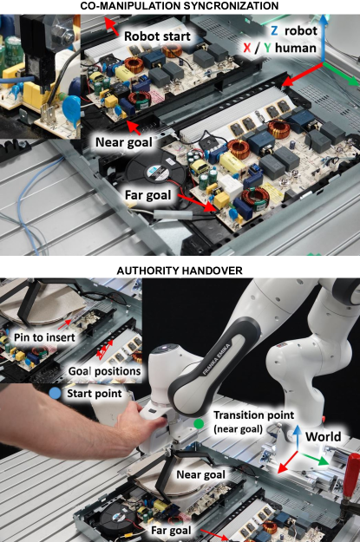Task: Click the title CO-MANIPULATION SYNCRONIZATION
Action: [x=180, y=6]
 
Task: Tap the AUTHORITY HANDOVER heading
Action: [x=180, y=271]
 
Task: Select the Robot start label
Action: [x=157, y=36]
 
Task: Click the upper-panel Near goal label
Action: [x=123, y=142]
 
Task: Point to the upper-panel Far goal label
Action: [x=147, y=195]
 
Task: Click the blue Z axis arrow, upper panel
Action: [x=323, y=39]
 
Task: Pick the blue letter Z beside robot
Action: [x=274, y=30]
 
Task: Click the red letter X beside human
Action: [x=247, y=48]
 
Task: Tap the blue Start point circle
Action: [x=55, y=393]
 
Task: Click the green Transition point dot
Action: [x=199, y=423]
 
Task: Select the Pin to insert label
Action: [x=44, y=337]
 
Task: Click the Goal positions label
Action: [x=104, y=371]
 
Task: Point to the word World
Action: [x=323, y=436]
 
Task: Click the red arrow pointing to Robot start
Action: [x=111, y=26]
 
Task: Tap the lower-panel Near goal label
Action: [x=200, y=474]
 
